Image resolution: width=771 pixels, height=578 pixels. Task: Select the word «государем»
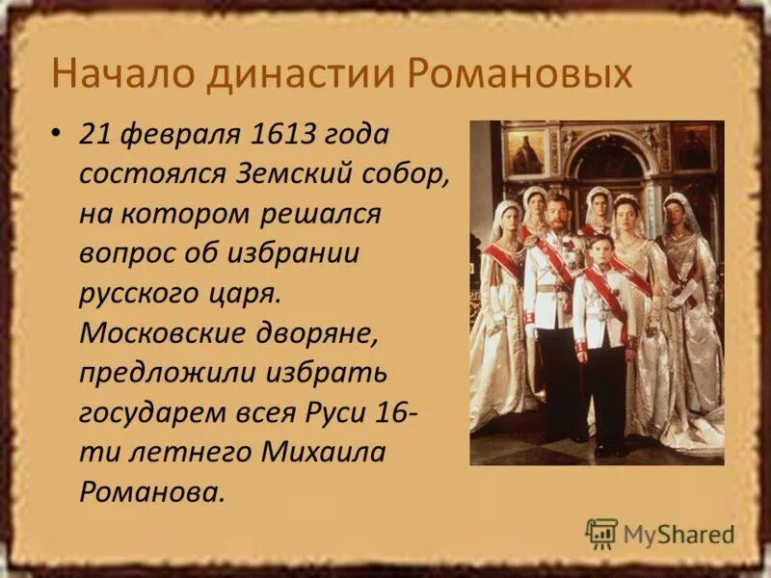154,414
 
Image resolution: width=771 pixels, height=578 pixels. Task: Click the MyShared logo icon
601,533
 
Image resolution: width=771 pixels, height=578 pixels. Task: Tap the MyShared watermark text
678,534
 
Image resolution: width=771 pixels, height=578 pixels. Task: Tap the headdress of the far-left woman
505,210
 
